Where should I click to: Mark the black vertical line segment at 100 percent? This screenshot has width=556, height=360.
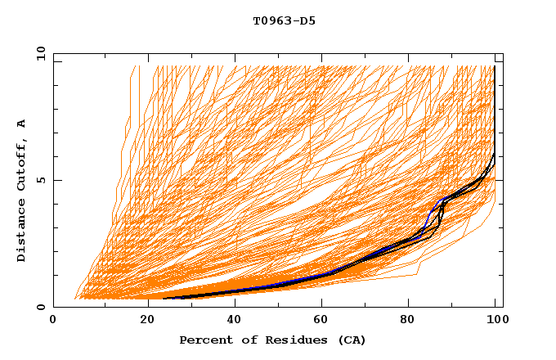click(495, 106)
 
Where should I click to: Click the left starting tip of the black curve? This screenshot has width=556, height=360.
click(164, 299)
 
